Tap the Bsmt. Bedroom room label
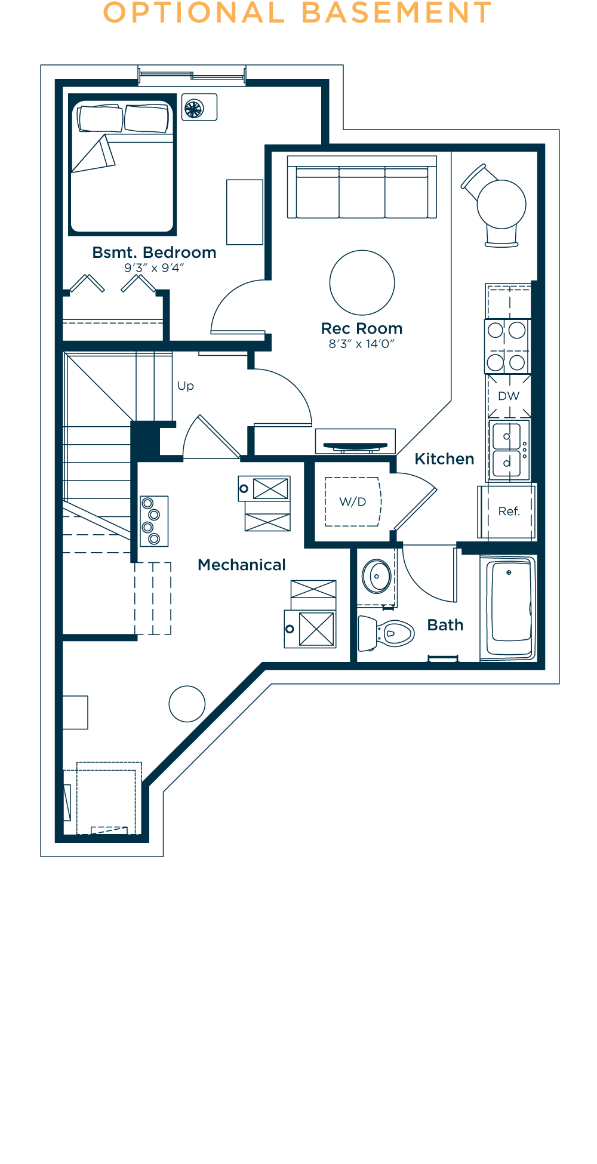point(154,252)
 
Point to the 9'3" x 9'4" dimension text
point(154,268)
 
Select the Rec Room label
point(362,328)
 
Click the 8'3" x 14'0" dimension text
point(362,344)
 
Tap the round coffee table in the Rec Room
point(362,282)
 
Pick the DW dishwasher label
point(509,396)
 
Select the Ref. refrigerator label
point(509,511)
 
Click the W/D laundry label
point(352,502)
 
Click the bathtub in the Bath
point(510,608)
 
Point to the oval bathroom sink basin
point(377,576)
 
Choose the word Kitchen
point(444,459)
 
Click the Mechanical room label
point(241,565)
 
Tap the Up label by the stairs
point(186,386)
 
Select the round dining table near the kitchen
point(501,204)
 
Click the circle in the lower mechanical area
point(187,704)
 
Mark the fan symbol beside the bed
point(194,109)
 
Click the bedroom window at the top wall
point(192,75)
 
